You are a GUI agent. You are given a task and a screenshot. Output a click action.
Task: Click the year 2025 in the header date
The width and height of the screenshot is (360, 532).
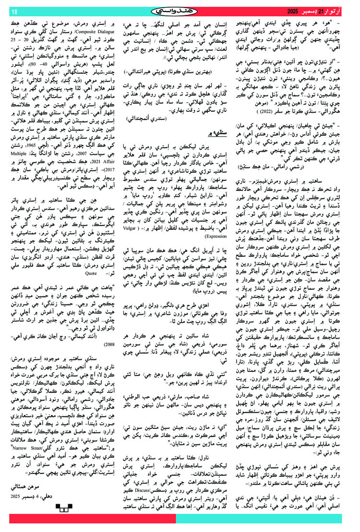point(293,11)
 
